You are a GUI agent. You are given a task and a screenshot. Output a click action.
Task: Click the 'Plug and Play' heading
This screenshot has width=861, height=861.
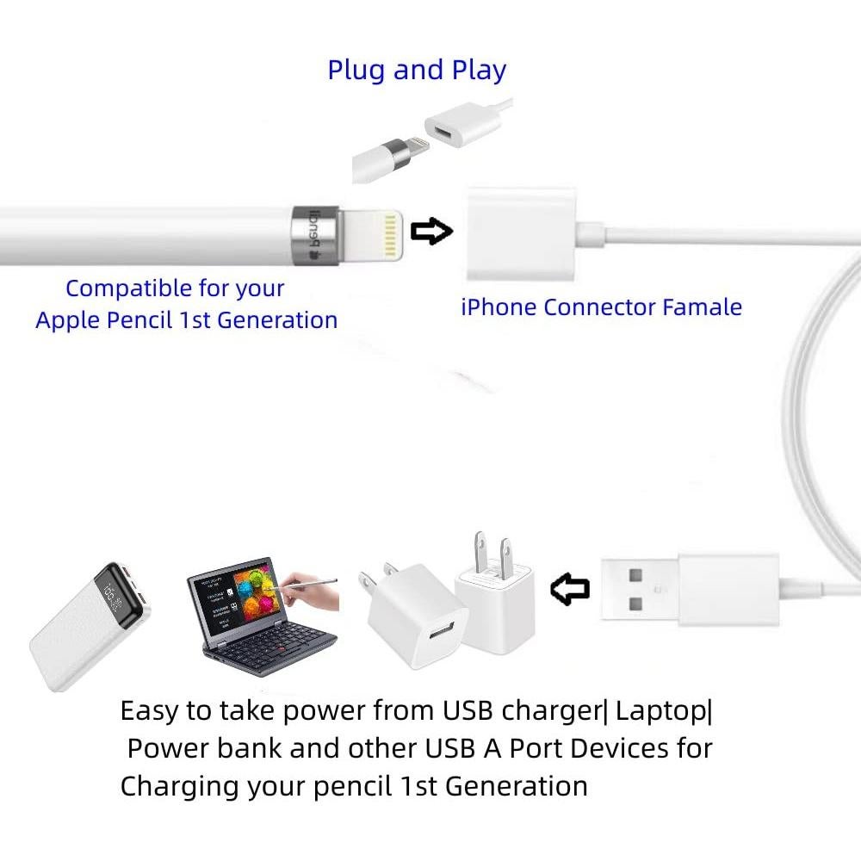coord(417,70)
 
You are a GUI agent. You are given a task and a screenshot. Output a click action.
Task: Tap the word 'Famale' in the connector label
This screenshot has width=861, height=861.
coord(702,307)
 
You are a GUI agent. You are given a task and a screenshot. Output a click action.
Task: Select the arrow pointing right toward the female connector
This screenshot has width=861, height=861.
coord(431,232)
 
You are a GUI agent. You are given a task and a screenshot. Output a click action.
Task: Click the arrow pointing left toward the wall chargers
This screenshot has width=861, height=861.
coord(569,589)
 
